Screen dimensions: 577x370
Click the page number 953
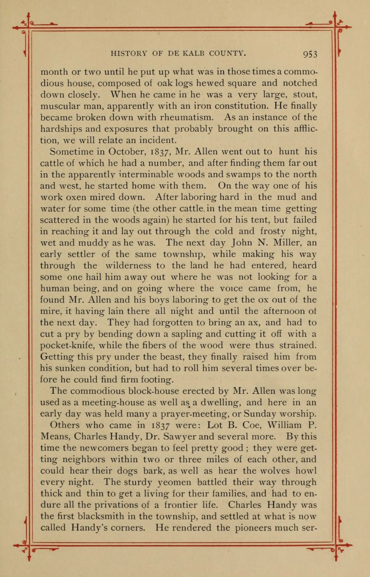[310, 54]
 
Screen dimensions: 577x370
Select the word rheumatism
[187, 118]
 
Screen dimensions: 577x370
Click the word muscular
[58, 106]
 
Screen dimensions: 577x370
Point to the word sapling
[187, 334]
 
